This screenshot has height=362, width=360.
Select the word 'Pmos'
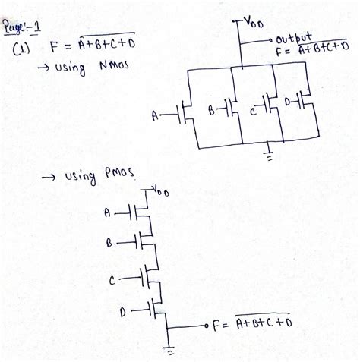[118, 175]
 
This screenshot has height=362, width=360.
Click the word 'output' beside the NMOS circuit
[292, 38]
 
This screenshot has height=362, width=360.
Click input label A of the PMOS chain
[106, 211]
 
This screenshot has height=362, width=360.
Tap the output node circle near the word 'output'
[269, 38]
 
